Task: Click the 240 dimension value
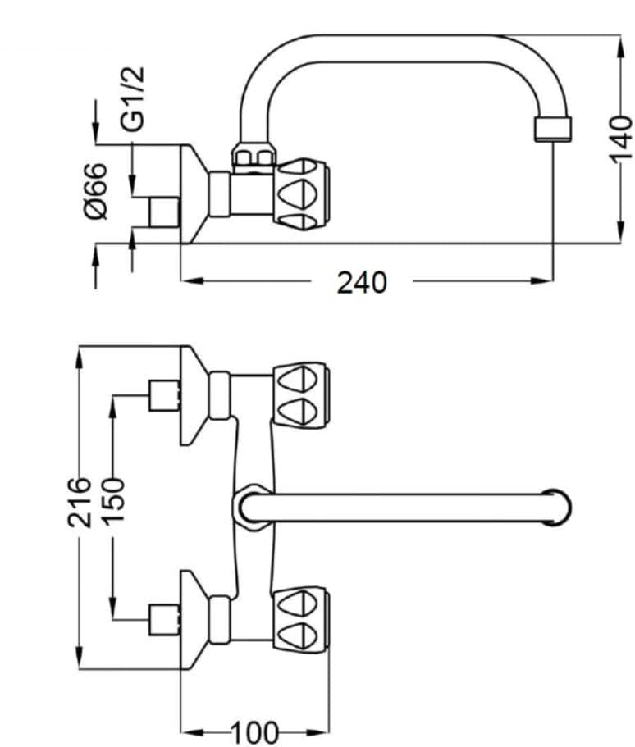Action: tap(361, 282)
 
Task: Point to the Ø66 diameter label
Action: tap(97, 190)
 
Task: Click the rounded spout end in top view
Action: tap(557, 507)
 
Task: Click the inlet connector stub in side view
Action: tap(162, 212)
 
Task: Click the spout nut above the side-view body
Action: tap(252, 156)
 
